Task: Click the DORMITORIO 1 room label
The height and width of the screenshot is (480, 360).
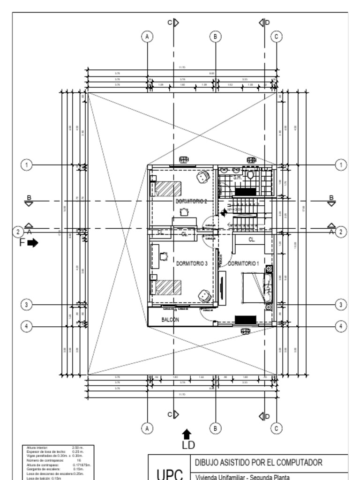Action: [x=243, y=263]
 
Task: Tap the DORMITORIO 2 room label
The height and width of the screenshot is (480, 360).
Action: [x=191, y=201]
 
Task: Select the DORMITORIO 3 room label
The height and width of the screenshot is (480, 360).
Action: [x=192, y=263]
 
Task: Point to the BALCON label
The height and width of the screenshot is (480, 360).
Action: [x=170, y=320]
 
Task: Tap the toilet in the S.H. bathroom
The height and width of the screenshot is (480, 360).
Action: [x=251, y=175]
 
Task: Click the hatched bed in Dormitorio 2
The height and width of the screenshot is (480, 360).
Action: [x=168, y=188]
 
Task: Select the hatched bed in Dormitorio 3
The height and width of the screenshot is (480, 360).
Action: [x=168, y=287]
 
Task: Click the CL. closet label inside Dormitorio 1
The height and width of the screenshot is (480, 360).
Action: [x=252, y=240]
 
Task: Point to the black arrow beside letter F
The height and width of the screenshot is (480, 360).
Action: [x=33, y=243]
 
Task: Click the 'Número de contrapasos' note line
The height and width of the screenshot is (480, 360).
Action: [x=42, y=460]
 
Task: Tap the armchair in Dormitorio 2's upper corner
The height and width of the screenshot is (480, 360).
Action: [x=202, y=177]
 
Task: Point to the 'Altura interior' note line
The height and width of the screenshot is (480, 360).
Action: [x=37, y=448]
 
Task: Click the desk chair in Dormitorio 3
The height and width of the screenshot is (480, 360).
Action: [x=164, y=256]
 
